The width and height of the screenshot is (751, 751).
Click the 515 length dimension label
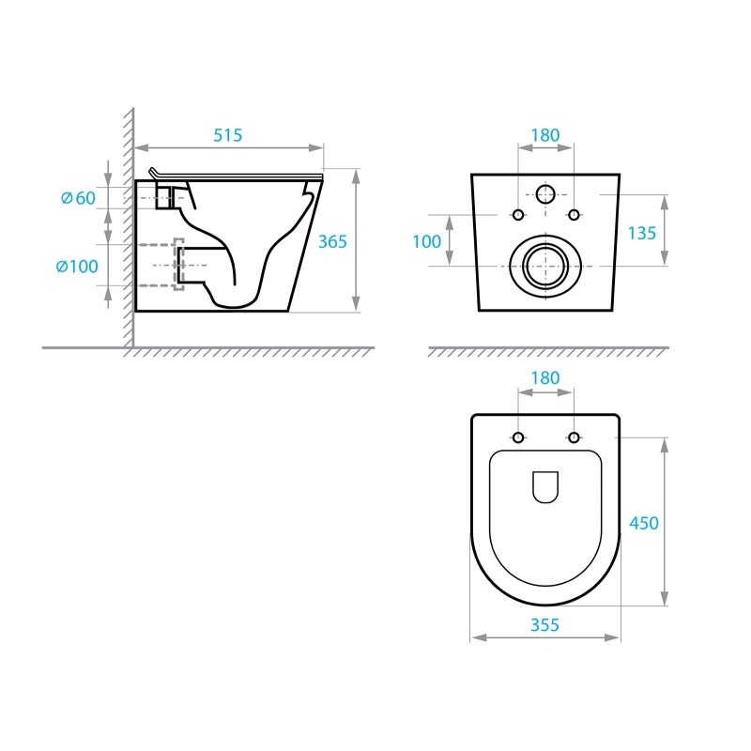(227, 135)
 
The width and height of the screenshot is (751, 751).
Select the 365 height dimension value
(331, 241)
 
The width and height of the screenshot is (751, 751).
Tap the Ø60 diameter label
(78, 197)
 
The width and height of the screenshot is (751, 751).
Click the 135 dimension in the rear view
(641, 233)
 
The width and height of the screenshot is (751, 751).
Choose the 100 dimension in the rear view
(426, 241)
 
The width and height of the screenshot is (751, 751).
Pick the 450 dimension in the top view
(644, 523)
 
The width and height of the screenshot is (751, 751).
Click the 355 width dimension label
(544, 624)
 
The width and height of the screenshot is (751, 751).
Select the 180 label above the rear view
(544, 135)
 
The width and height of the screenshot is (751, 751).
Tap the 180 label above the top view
(544, 378)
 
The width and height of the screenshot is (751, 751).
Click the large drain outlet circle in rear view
(544, 266)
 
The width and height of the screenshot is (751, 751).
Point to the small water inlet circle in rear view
(545, 195)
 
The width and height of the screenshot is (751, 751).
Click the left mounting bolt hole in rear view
(517, 215)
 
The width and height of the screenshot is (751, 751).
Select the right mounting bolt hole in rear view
(574, 215)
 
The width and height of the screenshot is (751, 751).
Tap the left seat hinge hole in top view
(517, 437)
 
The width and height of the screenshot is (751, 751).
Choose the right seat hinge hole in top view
(574, 437)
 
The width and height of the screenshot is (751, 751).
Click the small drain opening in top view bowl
(545, 486)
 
